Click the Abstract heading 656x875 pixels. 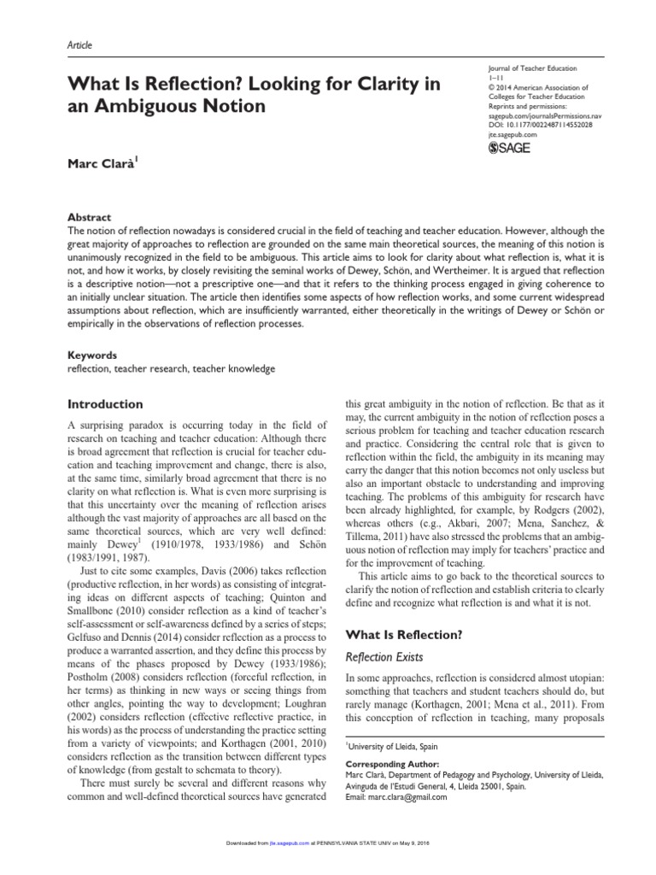tap(88, 218)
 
